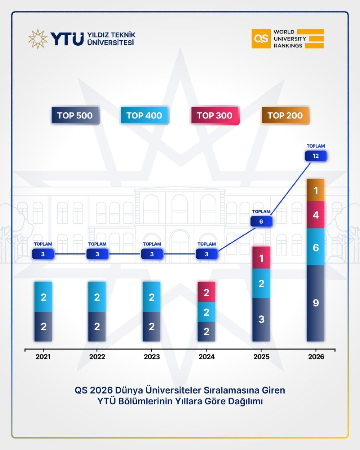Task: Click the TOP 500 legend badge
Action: coord(75,116)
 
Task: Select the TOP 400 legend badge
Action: coord(144,116)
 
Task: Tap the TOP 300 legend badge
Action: coord(215,116)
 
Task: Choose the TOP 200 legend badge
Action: coord(285,116)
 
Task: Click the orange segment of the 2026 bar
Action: coord(316,190)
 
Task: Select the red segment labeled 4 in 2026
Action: coord(316,215)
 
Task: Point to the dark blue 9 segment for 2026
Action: coord(316,303)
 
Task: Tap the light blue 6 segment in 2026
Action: coord(316,247)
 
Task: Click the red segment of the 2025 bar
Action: coord(261,258)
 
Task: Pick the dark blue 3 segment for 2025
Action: coord(261,319)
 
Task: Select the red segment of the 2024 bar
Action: coord(206,292)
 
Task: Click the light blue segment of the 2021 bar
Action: coord(44,297)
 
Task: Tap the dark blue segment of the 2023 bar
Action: coord(152,327)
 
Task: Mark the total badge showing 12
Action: coord(316,156)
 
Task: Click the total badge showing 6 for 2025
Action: coord(261,221)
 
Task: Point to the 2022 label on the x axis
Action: coord(97,357)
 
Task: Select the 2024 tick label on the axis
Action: coord(206,357)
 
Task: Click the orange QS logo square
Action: coord(261,39)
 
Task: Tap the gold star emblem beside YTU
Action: coord(38,39)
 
